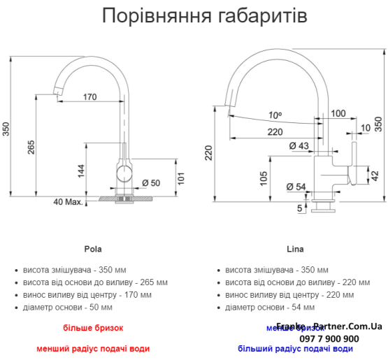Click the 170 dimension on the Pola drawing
[x=89, y=97]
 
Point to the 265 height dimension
[x=31, y=148]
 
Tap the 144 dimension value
[x=81, y=170]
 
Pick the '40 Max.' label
[x=68, y=202]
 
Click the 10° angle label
[x=274, y=115]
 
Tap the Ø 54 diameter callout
[x=296, y=187]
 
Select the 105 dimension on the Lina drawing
[x=263, y=178]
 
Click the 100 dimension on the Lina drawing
[x=338, y=113]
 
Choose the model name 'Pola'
[x=92, y=249]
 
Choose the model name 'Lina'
[x=294, y=249]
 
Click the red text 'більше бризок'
[x=92, y=327]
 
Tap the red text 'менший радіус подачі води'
[x=92, y=348]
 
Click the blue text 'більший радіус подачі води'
[x=295, y=349]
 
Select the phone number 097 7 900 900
[x=329, y=338]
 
